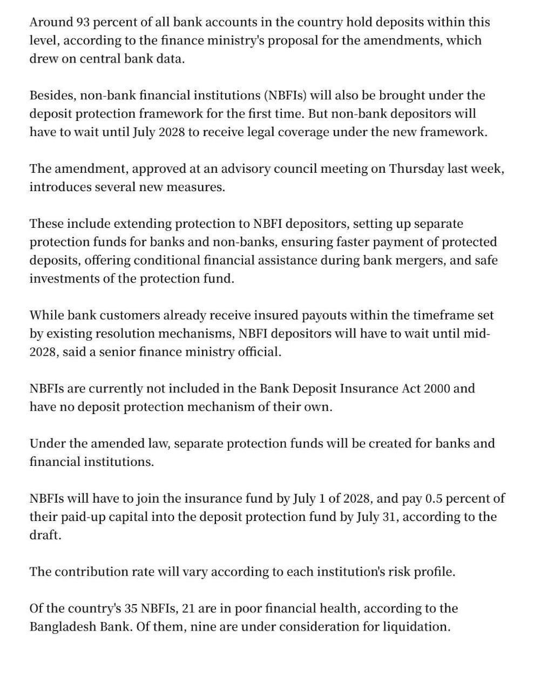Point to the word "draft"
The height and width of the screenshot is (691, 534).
(44, 535)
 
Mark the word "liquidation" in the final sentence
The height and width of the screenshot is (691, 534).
(417, 627)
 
